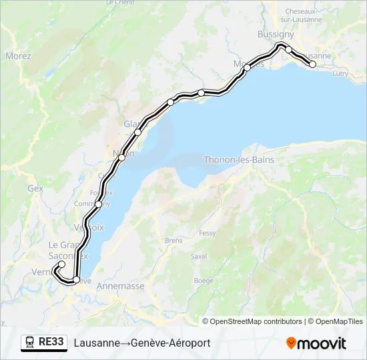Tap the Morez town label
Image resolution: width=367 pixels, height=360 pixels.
point(18,56)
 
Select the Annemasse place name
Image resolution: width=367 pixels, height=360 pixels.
point(120,286)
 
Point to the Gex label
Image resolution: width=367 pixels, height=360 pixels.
point(35,189)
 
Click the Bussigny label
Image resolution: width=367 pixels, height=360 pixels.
point(276,34)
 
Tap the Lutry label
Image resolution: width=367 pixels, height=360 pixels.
point(340,73)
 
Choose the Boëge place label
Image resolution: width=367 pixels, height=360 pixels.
point(203,281)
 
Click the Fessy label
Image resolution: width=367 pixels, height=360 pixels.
point(208,233)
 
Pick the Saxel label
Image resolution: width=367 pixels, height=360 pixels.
point(198,256)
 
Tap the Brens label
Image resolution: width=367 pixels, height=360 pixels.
point(173,240)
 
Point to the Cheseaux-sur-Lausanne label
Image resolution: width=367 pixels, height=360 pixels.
point(304,15)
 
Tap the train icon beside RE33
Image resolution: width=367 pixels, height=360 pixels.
point(30,343)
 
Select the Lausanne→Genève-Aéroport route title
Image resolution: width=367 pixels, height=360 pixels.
point(142,343)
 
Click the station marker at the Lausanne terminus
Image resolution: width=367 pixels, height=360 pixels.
point(312,64)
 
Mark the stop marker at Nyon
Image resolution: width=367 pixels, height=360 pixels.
point(122,158)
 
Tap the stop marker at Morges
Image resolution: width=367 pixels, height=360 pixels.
point(247,67)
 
